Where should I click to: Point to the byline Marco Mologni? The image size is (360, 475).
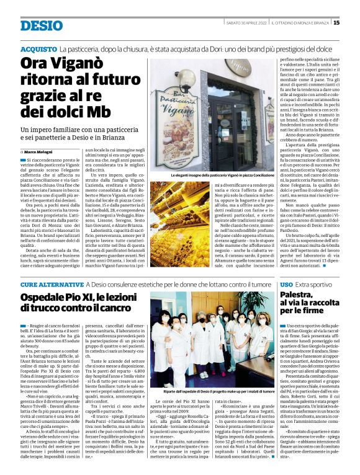pos(38,151)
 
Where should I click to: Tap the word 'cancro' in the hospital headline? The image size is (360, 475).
pos(100,309)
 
